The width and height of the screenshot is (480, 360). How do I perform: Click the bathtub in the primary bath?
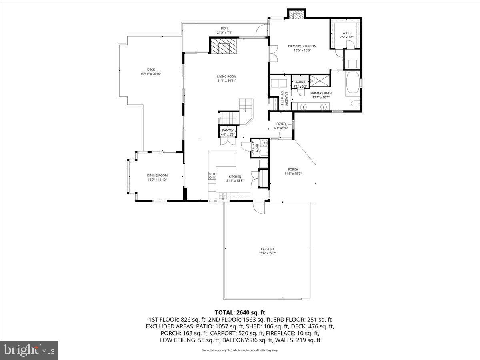(x=352, y=83)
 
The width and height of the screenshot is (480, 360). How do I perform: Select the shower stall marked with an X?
(x=319, y=80)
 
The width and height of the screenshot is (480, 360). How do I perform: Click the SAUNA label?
(x=300, y=82)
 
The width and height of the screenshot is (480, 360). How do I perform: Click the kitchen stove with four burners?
(x=212, y=175)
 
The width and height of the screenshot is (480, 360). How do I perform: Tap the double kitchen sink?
(x=223, y=195)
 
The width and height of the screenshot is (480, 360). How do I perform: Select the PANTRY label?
(x=228, y=130)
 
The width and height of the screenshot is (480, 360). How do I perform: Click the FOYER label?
(x=280, y=124)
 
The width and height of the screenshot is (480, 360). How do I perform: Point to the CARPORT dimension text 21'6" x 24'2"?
(x=268, y=253)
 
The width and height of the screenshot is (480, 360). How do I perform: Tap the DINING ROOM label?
(x=157, y=175)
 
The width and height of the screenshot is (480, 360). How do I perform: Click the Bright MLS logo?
(x=29, y=350)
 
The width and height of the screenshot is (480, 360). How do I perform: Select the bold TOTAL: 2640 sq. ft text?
(x=240, y=312)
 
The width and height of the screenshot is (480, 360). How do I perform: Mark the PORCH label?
(x=293, y=170)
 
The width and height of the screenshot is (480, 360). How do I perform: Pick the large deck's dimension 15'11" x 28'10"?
(x=151, y=74)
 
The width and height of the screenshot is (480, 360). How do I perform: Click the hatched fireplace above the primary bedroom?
(x=297, y=15)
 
